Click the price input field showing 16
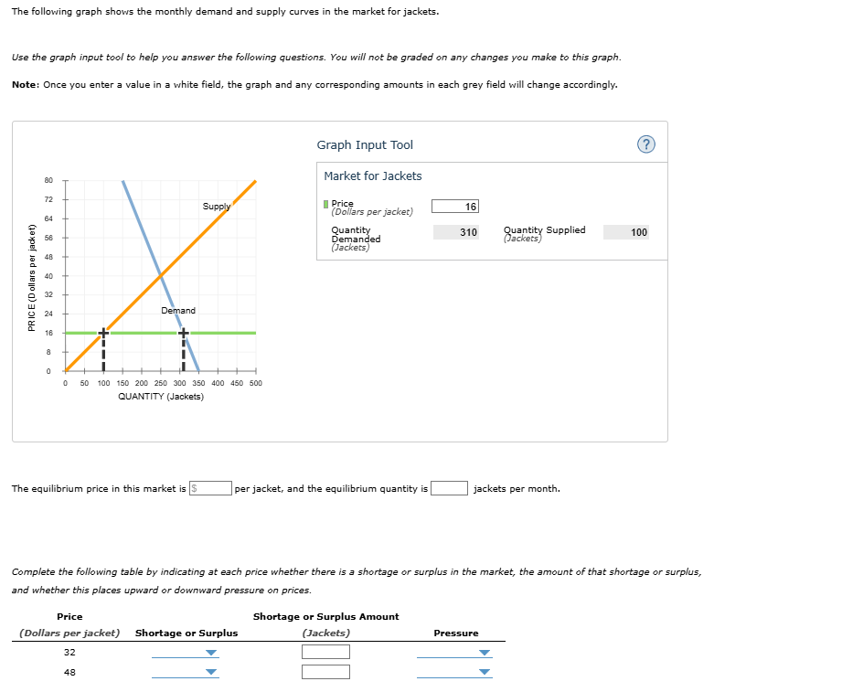click(454, 207)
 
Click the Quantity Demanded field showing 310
click(454, 232)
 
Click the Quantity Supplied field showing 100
click(626, 232)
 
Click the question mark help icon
click(647, 144)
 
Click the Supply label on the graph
click(217, 207)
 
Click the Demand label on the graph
click(177, 311)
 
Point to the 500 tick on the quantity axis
click(255, 383)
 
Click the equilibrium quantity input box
click(450, 488)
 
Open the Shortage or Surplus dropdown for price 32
click(186, 653)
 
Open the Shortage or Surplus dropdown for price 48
click(186, 673)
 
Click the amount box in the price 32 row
click(325, 653)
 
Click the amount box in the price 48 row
click(325, 673)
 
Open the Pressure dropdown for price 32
click(453, 653)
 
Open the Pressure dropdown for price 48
click(453, 673)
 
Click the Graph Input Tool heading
click(365, 144)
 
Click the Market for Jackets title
click(373, 176)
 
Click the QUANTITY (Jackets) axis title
click(161, 397)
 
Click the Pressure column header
click(456, 633)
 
